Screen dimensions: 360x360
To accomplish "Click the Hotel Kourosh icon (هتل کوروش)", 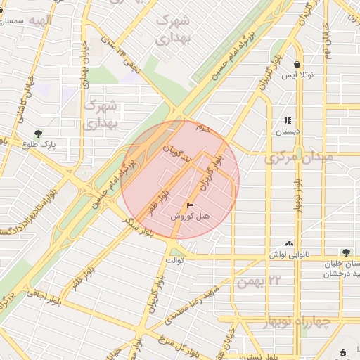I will (x=191, y=205).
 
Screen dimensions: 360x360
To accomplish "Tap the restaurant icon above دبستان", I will (x=287, y=120).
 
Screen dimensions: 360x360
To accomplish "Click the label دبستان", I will (x=287, y=131).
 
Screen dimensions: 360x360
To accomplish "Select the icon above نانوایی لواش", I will (x=289, y=243).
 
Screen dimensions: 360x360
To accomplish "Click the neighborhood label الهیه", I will (x=36, y=20).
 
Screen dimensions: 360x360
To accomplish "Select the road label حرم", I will (x=203, y=129).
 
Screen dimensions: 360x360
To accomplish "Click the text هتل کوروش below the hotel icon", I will (x=191, y=217).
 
